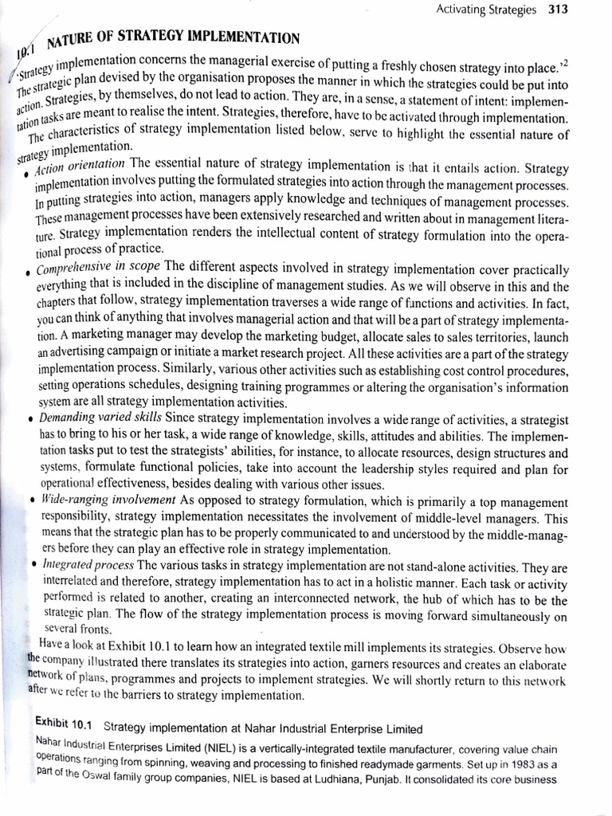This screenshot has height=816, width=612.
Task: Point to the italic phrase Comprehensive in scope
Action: (99, 266)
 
